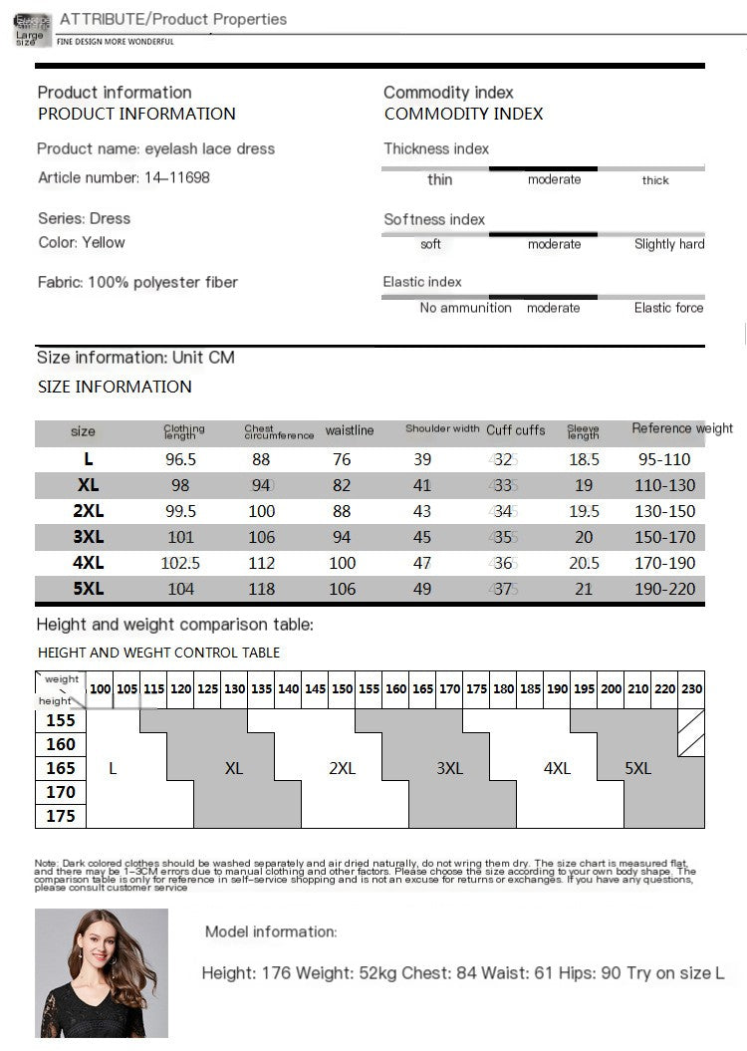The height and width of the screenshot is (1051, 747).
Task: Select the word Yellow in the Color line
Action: coord(104,242)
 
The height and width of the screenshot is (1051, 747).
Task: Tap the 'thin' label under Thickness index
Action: coord(439,179)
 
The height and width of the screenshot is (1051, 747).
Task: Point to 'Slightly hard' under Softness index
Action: coord(669,244)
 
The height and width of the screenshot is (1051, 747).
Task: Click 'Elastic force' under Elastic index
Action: coord(668,308)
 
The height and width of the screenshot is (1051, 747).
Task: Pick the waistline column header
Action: coord(350,430)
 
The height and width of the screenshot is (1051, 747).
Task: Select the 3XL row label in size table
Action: coord(89,537)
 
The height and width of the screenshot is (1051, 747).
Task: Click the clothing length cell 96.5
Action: coord(180,459)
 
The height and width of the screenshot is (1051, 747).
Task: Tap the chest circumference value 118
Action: coord(261,589)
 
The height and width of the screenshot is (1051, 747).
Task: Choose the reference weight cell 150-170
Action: coord(664,537)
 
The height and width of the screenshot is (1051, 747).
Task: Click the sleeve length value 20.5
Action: coord(584,563)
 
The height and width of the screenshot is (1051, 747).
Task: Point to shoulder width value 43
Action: coord(422,511)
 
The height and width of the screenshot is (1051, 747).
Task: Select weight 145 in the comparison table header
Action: coord(315,688)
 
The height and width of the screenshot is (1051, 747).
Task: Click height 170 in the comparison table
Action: coord(61,792)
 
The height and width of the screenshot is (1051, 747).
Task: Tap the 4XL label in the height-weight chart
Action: coord(557,768)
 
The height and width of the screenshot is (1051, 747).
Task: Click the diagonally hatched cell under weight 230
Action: coord(691,732)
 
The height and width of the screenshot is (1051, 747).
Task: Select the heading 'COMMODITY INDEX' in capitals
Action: coord(464,114)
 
